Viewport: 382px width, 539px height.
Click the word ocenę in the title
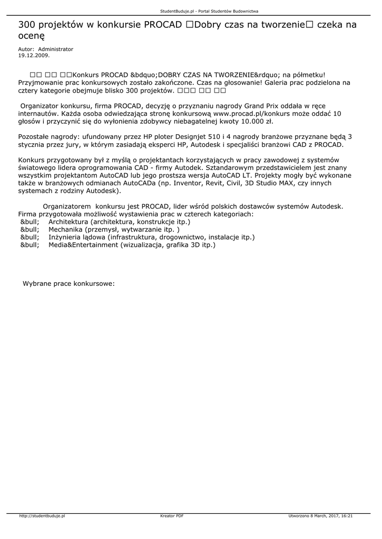tap(32, 36)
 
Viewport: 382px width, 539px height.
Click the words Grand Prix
tap(262, 105)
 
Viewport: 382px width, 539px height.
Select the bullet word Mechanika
tap(66, 229)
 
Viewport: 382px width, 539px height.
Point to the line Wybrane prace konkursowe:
tap(68, 283)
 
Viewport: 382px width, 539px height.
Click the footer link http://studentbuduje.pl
tap(42, 516)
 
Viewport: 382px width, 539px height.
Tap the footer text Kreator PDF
tap(172, 516)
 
